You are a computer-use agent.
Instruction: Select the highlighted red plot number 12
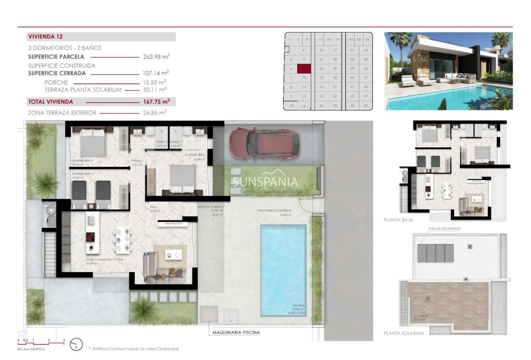(305, 68)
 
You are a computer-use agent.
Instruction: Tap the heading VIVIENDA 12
(45, 37)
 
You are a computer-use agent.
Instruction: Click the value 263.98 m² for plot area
(156, 57)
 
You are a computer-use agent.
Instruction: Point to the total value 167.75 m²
(156, 102)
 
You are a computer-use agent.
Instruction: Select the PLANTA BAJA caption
(398, 220)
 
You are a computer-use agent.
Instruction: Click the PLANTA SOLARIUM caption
(404, 333)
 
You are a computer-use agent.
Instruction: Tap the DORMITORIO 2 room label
(83, 160)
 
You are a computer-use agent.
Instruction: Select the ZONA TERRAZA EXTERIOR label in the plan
(274, 210)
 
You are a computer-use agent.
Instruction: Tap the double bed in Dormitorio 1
(183, 179)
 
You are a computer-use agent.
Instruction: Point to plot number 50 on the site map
(365, 106)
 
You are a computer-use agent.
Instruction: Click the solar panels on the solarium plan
(435, 253)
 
